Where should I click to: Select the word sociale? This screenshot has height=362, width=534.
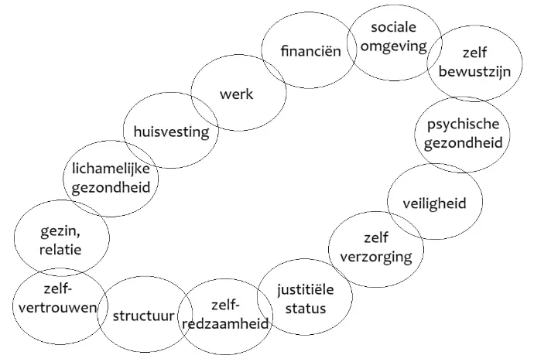[x=394, y=29]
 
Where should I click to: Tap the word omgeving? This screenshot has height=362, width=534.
[x=394, y=46]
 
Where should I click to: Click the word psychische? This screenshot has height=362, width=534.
[x=462, y=125]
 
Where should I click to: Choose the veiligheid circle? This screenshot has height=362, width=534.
[x=433, y=203]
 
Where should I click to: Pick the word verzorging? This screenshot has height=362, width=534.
[x=376, y=256]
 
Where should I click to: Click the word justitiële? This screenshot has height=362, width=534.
[x=304, y=291]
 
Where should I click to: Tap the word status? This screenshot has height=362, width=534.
[x=304, y=309]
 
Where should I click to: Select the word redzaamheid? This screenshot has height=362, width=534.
[x=226, y=324]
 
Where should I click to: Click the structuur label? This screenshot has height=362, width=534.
[x=145, y=316]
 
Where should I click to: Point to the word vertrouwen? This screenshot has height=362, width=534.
[x=57, y=307]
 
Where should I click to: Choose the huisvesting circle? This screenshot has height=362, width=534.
[x=171, y=131]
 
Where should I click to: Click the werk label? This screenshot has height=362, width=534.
[x=236, y=94]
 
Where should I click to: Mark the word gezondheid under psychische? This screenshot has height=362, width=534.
[x=462, y=143]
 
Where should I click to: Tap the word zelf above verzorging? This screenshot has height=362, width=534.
[x=376, y=237]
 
